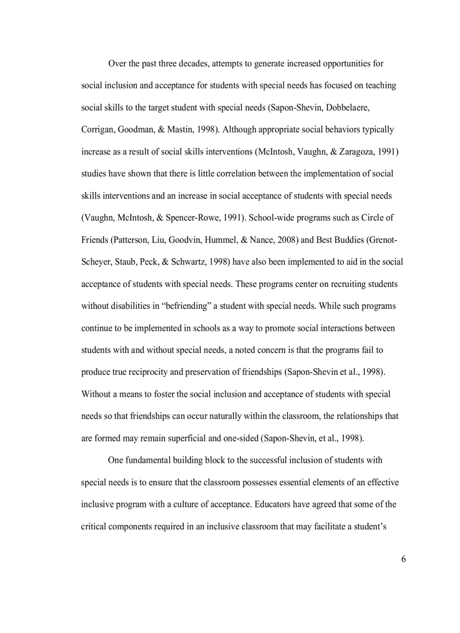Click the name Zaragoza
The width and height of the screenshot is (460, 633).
click(x=357, y=152)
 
